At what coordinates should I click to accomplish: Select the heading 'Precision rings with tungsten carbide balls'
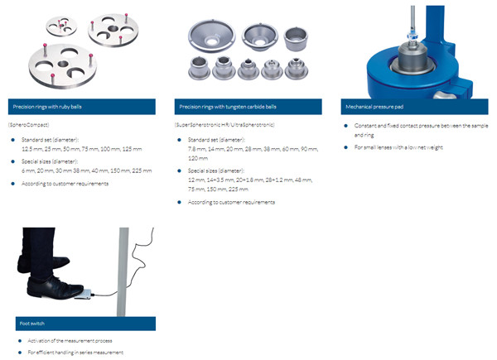pos(223,108)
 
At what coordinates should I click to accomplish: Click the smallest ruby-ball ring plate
pos(60,26)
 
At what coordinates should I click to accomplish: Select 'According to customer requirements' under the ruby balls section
pos(65,183)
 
